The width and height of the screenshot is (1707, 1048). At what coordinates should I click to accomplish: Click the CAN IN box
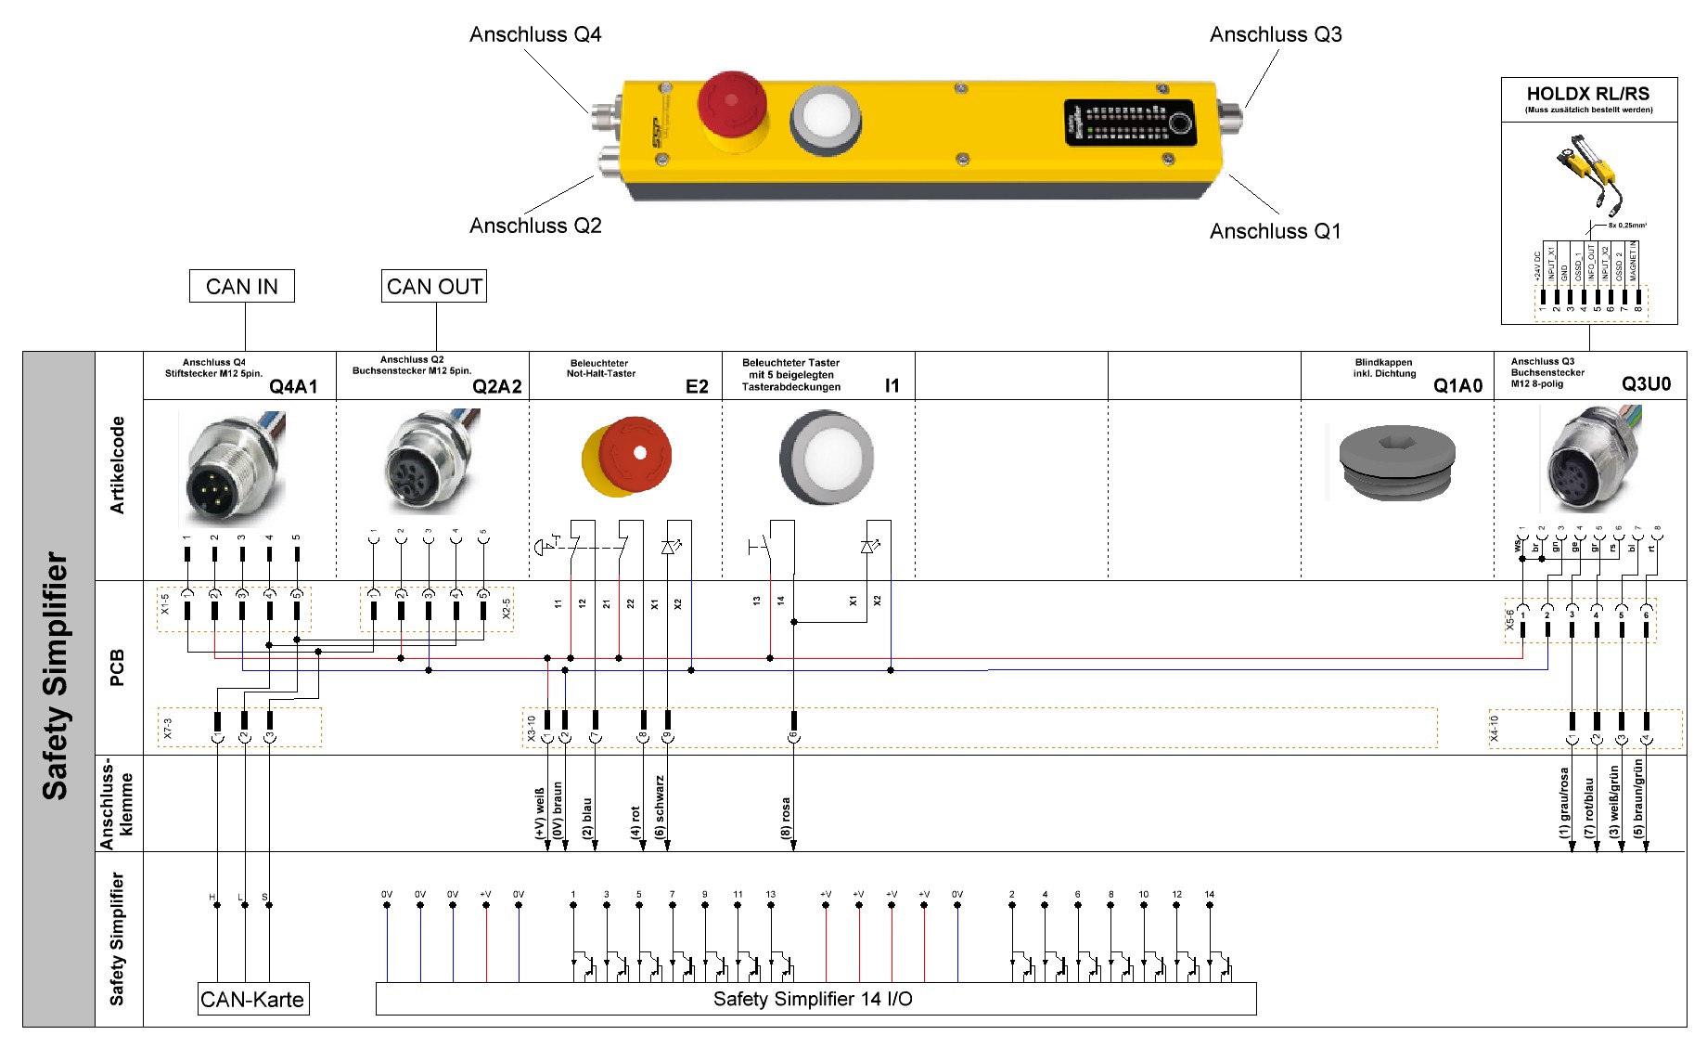click(241, 286)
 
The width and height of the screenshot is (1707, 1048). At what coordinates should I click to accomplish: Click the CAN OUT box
click(434, 286)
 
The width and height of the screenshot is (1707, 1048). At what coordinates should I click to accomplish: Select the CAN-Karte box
click(252, 999)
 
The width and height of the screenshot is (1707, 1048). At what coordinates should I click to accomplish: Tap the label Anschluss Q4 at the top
click(535, 34)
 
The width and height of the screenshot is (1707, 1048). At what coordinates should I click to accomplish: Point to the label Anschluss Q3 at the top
click(1276, 34)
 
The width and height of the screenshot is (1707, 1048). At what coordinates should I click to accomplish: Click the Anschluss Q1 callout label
click(1275, 231)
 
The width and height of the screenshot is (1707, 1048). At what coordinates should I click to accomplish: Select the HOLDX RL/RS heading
click(1588, 94)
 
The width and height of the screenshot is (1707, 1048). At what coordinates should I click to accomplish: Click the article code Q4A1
click(293, 386)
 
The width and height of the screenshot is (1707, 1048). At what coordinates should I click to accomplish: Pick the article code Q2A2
click(497, 386)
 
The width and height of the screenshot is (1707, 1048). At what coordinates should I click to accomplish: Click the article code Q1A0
click(1457, 385)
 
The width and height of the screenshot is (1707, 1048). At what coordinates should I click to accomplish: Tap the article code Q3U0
click(1646, 384)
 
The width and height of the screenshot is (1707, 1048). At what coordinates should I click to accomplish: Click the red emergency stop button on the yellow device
click(731, 100)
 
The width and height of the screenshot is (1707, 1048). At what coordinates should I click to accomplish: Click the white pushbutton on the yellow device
click(825, 119)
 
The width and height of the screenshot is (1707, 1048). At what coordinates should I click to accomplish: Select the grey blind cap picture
click(1396, 461)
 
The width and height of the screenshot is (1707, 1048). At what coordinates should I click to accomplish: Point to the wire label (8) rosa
click(786, 817)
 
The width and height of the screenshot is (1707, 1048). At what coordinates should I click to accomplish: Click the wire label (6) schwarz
click(660, 806)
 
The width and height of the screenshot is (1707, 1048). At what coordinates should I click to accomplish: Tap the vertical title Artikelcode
click(117, 464)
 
